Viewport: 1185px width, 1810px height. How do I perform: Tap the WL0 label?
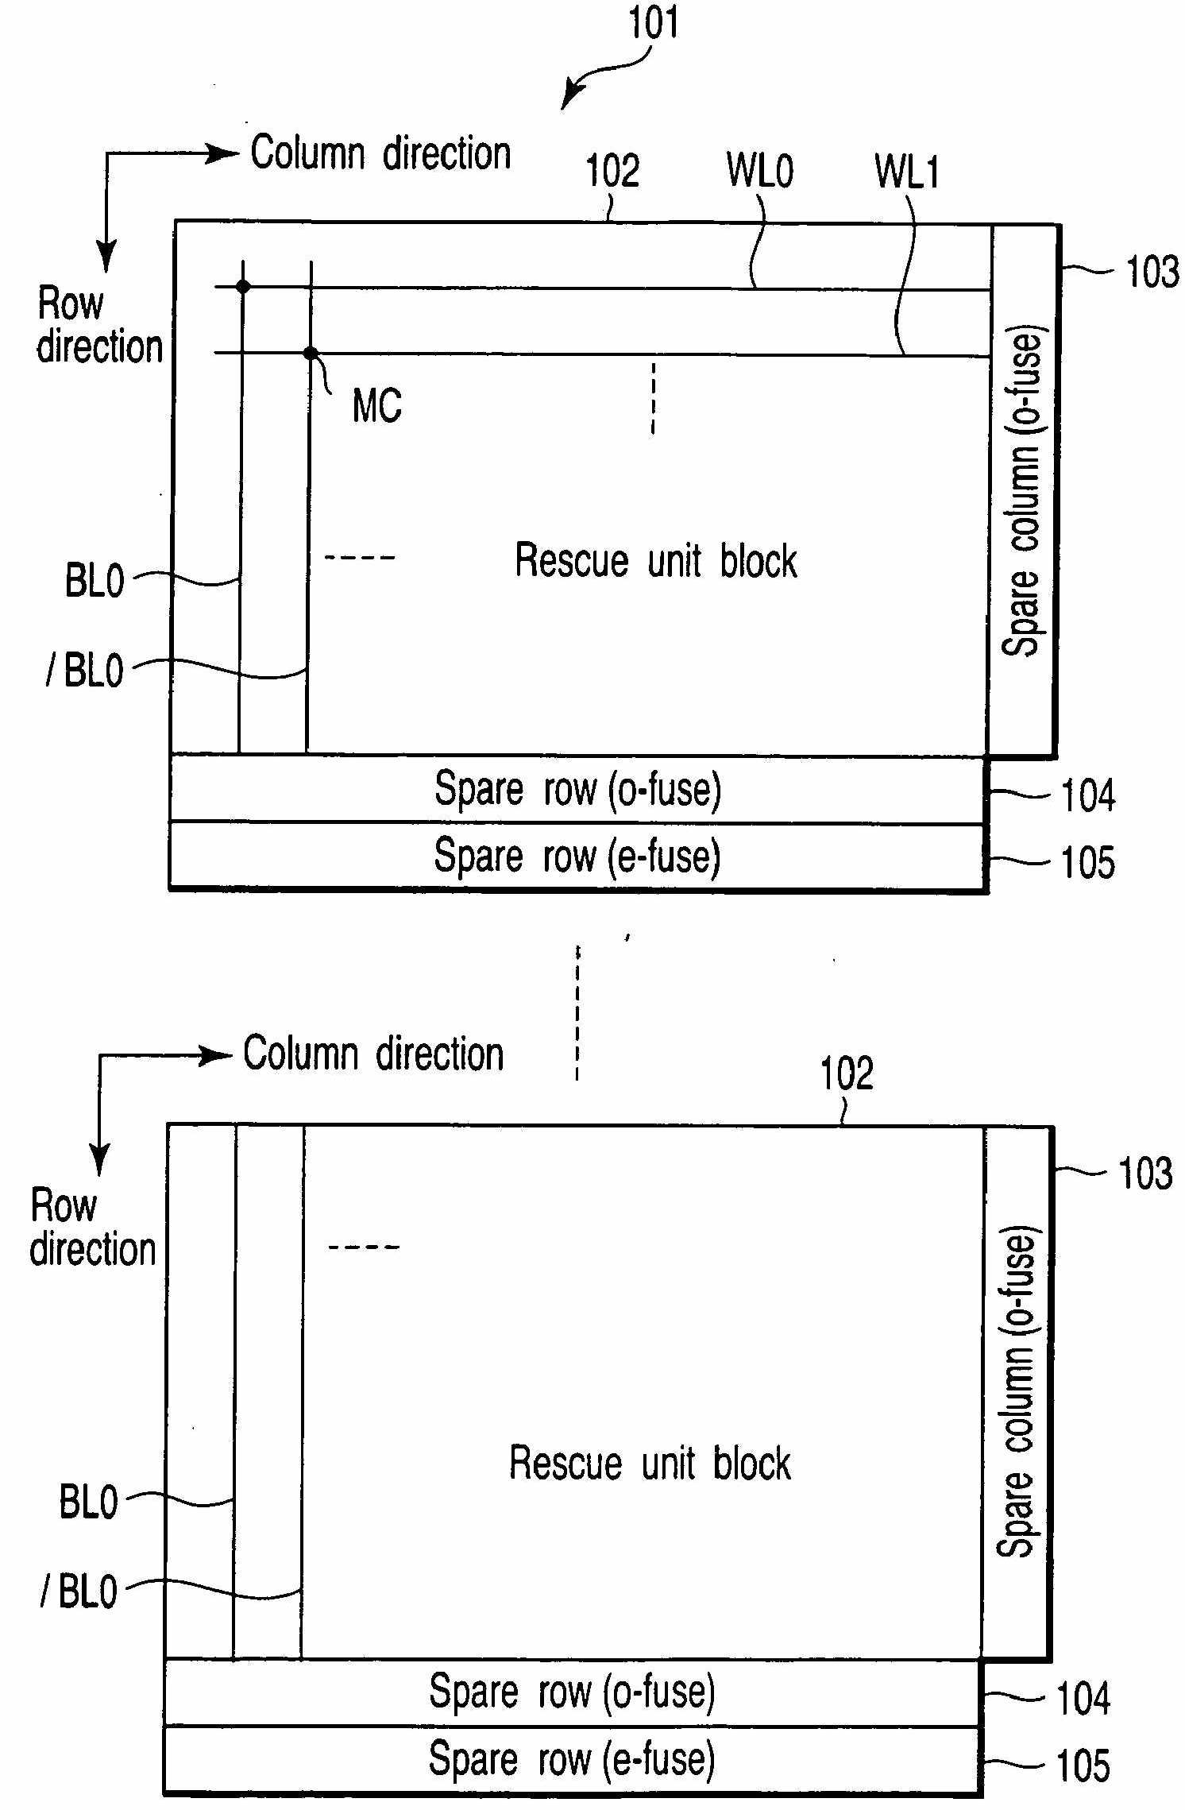click(759, 171)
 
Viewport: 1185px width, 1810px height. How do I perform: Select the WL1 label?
click(906, 172)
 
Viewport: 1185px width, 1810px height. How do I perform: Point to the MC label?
click(376, 406)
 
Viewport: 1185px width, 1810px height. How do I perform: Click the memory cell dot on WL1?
click(311, 353)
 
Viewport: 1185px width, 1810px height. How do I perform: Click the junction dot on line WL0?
click(243, 286)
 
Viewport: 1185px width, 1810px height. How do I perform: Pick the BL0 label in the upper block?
click(95, 580)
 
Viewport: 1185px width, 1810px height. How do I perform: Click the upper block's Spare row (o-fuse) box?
click(577, 790)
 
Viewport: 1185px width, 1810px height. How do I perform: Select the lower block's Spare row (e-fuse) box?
click(572, 1758)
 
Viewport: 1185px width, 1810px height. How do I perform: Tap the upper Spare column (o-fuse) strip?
click(1023, 490)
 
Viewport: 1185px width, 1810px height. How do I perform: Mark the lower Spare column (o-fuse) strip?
click(1017, 1390)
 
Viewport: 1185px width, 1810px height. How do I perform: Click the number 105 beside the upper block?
click(1087, 862)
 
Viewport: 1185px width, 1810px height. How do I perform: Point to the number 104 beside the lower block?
click(1083, 1699)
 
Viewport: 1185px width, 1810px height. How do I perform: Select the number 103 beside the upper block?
click(1152, 272)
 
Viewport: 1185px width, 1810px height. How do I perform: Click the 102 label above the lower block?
click(847, 1073)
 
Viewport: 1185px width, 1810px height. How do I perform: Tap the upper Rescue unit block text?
click(655, 560)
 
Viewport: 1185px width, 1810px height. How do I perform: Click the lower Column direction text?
click(373, 1054)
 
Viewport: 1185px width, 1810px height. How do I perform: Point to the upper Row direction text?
click(98, 326)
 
